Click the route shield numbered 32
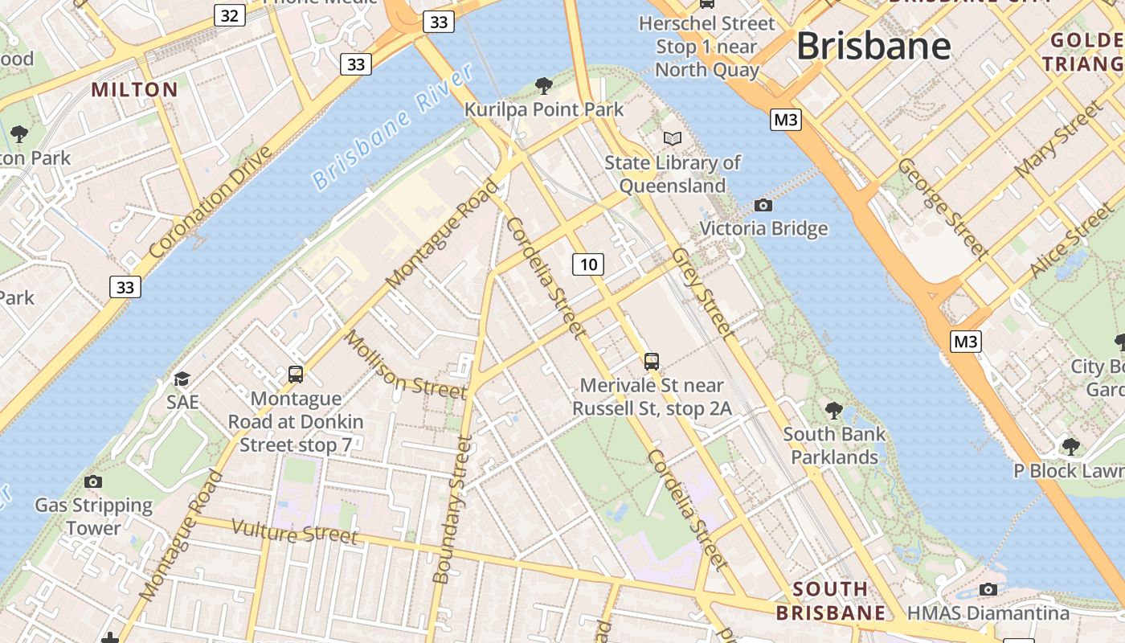point(230,15)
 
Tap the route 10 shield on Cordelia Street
point(589,264)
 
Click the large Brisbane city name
point(873,46)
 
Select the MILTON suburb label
point(135,89)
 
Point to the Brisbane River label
point(393,127)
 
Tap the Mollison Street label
point(405,364)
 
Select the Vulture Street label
point(294,532)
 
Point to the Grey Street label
point(702,292)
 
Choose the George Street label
point(943,207)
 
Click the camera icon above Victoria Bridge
point(763,206)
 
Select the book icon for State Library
point(673,138)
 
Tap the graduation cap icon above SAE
point(182,379)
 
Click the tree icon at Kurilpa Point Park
point(544,85)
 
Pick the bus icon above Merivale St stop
point(652,362)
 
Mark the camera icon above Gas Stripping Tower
point(93,481)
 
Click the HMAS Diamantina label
point(988,613)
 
